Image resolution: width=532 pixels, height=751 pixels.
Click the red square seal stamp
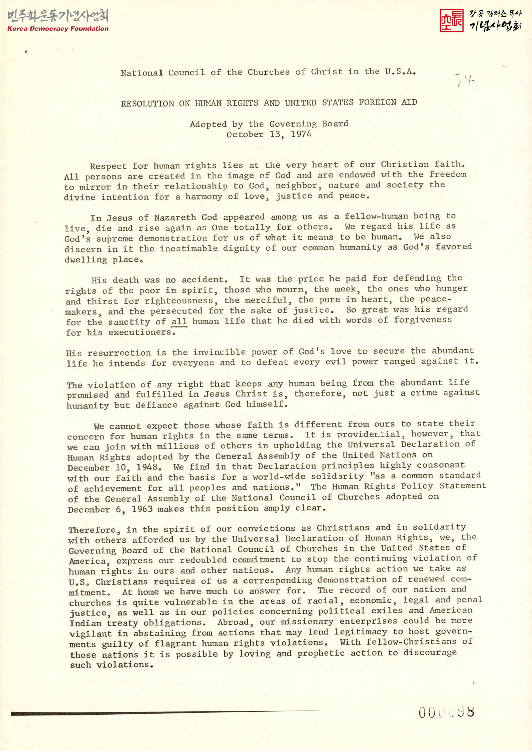(x=451, y=20)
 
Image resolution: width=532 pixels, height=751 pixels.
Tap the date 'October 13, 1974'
(x=269, y=134)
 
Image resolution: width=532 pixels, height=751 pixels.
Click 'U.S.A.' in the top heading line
(x=400, y=71)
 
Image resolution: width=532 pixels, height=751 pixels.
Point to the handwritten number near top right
(x=465, y=81)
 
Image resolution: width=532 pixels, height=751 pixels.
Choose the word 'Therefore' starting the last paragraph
(x=92, y=530)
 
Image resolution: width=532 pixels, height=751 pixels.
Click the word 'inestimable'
(x=186, y=248)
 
